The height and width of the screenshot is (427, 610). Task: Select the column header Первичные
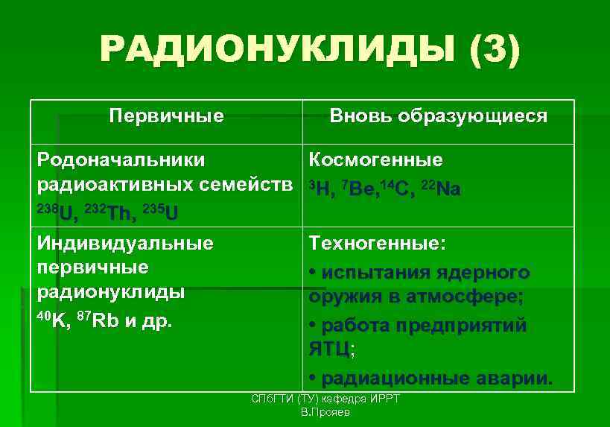[x=166, y=116]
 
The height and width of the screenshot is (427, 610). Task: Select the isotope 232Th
[x=111, y=212]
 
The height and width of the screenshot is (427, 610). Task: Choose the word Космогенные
[x=376, y=159]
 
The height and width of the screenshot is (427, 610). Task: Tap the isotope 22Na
[x=441, y=188]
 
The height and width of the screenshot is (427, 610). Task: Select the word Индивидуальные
[x=125, y=243]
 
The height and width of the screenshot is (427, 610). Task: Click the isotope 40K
[x=52, y=319]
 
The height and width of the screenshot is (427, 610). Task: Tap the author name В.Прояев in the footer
[x=325, y=412]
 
